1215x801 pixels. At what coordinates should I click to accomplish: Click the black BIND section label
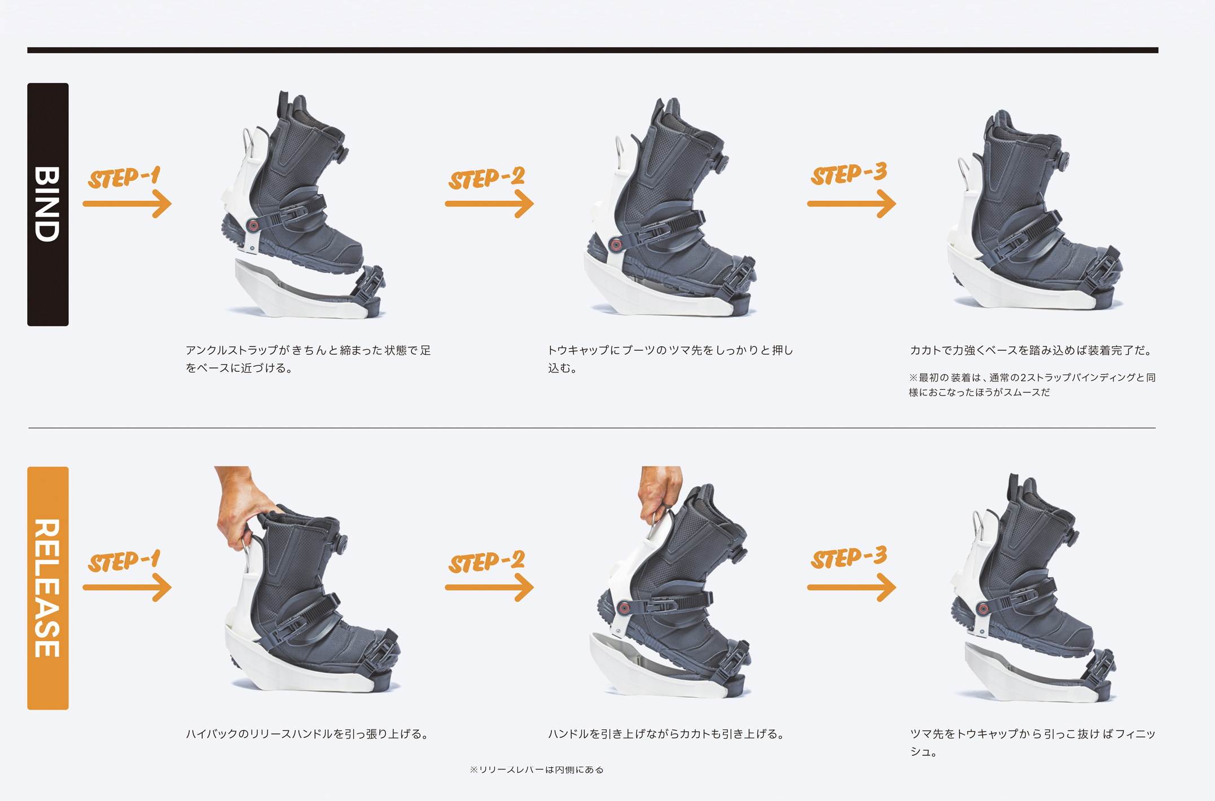(x=48, y=204)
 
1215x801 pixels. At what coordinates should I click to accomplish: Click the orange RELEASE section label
(x=48, y=588)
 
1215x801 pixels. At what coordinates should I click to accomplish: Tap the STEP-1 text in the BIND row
(x=125, y=177)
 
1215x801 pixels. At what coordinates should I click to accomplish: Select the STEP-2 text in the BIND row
(x=487, y=178)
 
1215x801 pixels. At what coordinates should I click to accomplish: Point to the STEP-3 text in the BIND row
(x=849, y=173)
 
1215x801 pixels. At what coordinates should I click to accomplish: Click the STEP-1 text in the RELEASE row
(x=125, y=561)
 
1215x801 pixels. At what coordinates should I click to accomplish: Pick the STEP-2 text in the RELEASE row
(x=487, y=562)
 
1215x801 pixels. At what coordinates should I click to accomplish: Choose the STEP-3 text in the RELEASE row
(x=849, y=557)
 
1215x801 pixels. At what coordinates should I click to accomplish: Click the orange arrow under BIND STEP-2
(x=489, y=204)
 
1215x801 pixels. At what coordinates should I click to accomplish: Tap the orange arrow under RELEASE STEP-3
(x=852, y=587)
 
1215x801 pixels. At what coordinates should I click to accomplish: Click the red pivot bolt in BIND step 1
(x=253, y=226)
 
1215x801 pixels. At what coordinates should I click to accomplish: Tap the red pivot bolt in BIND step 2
(x=616, y=245)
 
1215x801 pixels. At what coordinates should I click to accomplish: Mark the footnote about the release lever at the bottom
(x=537, y=769)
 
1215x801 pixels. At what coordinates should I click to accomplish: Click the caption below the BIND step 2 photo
(x=670, y=359)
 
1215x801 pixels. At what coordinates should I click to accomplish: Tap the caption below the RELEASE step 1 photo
(x=308, y=734)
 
